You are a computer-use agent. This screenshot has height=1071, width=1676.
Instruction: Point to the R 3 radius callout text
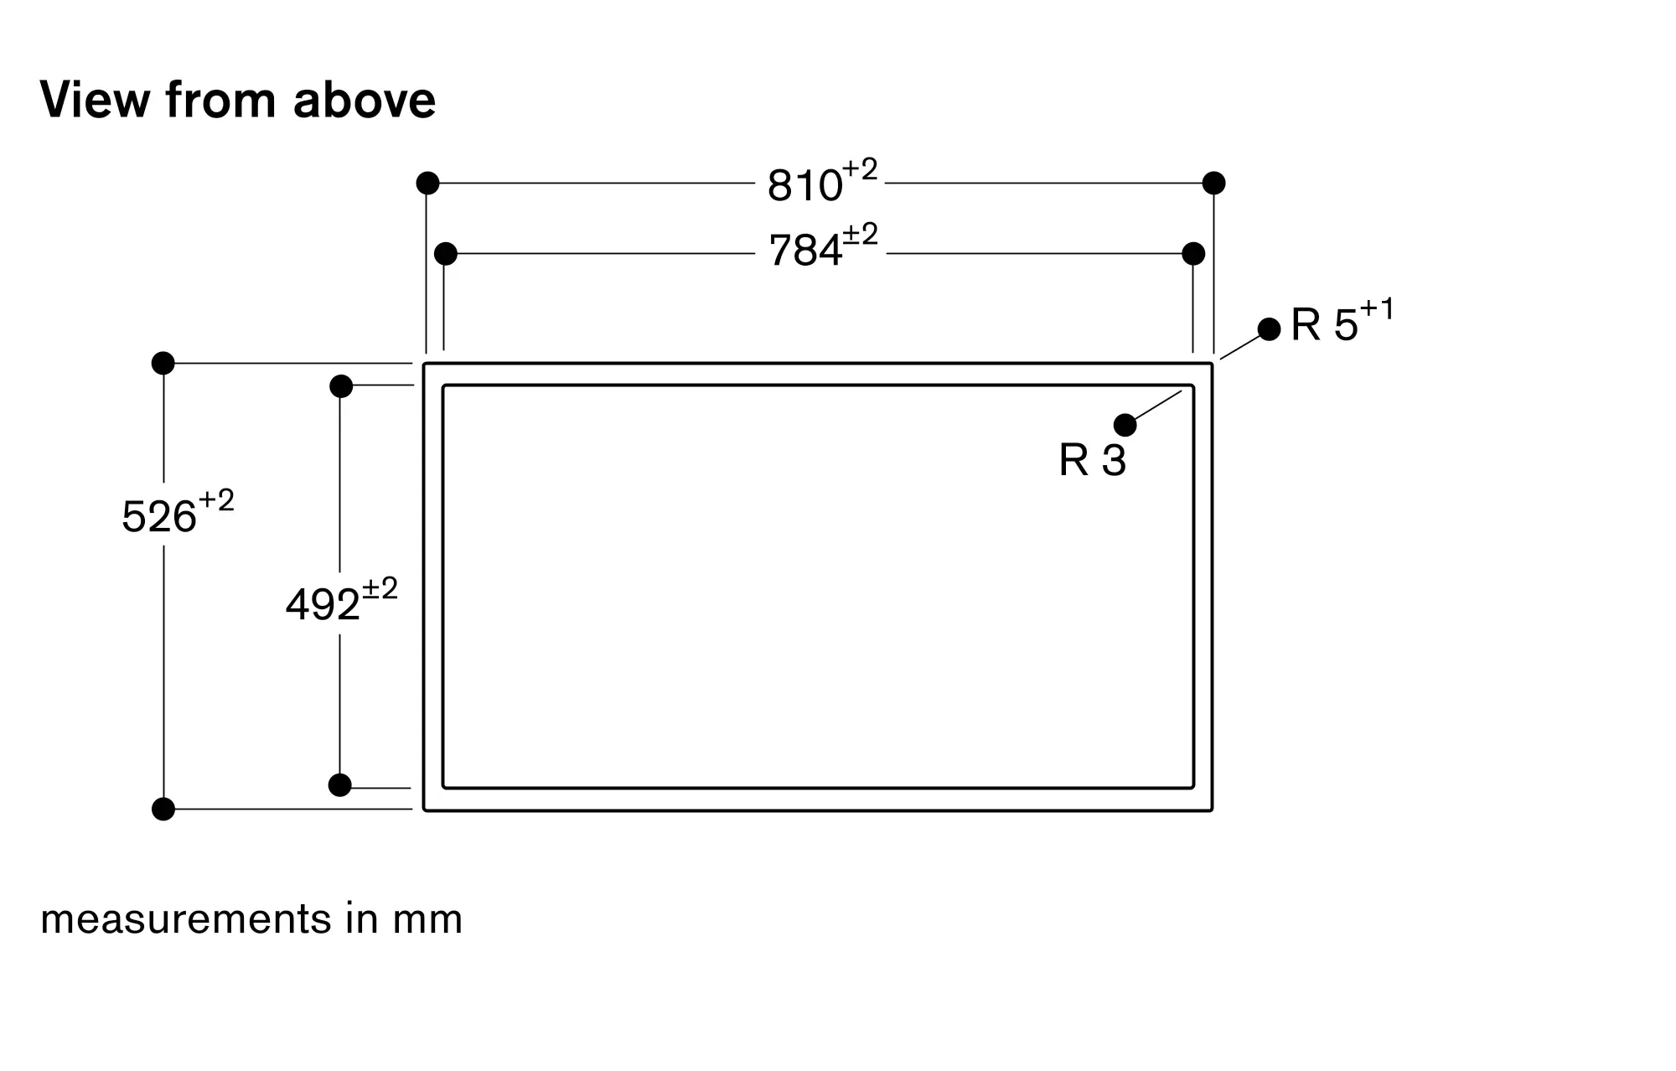1092,460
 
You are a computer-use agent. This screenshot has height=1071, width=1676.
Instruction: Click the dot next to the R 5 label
1270,329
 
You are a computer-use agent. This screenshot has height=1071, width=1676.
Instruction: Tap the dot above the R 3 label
1125,425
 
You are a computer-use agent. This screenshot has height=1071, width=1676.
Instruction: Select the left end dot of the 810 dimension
427,183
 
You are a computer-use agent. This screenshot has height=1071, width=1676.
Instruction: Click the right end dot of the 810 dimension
1213,183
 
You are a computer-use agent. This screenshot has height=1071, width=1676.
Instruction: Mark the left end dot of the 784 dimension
446,253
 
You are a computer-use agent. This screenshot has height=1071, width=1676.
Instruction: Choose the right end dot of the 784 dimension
1193,253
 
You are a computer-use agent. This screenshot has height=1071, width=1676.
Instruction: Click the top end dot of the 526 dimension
163,363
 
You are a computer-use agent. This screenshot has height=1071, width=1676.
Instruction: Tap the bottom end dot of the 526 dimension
163,809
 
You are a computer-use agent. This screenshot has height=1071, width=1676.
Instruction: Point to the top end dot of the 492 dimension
341,386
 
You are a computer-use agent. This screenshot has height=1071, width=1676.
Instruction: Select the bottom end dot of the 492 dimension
340,785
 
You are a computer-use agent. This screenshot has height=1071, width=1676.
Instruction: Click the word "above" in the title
365,100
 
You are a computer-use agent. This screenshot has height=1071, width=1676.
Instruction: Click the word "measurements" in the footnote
186,919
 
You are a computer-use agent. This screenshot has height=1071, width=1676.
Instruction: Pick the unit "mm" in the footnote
427,919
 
